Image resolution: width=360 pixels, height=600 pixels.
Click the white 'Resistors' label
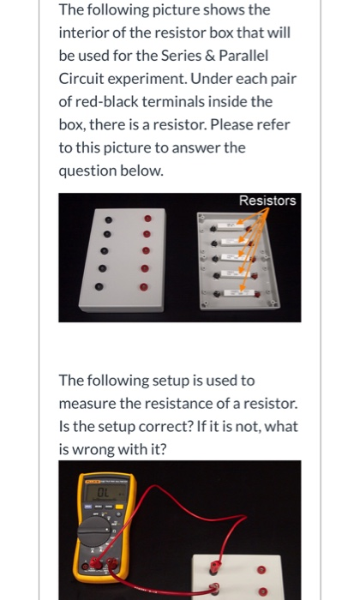click(267, 201)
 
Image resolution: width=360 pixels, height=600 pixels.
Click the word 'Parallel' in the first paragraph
click(244, 56)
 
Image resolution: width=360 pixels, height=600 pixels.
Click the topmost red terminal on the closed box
click(147, 218)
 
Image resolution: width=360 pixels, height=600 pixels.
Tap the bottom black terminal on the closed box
click(100, 288)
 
